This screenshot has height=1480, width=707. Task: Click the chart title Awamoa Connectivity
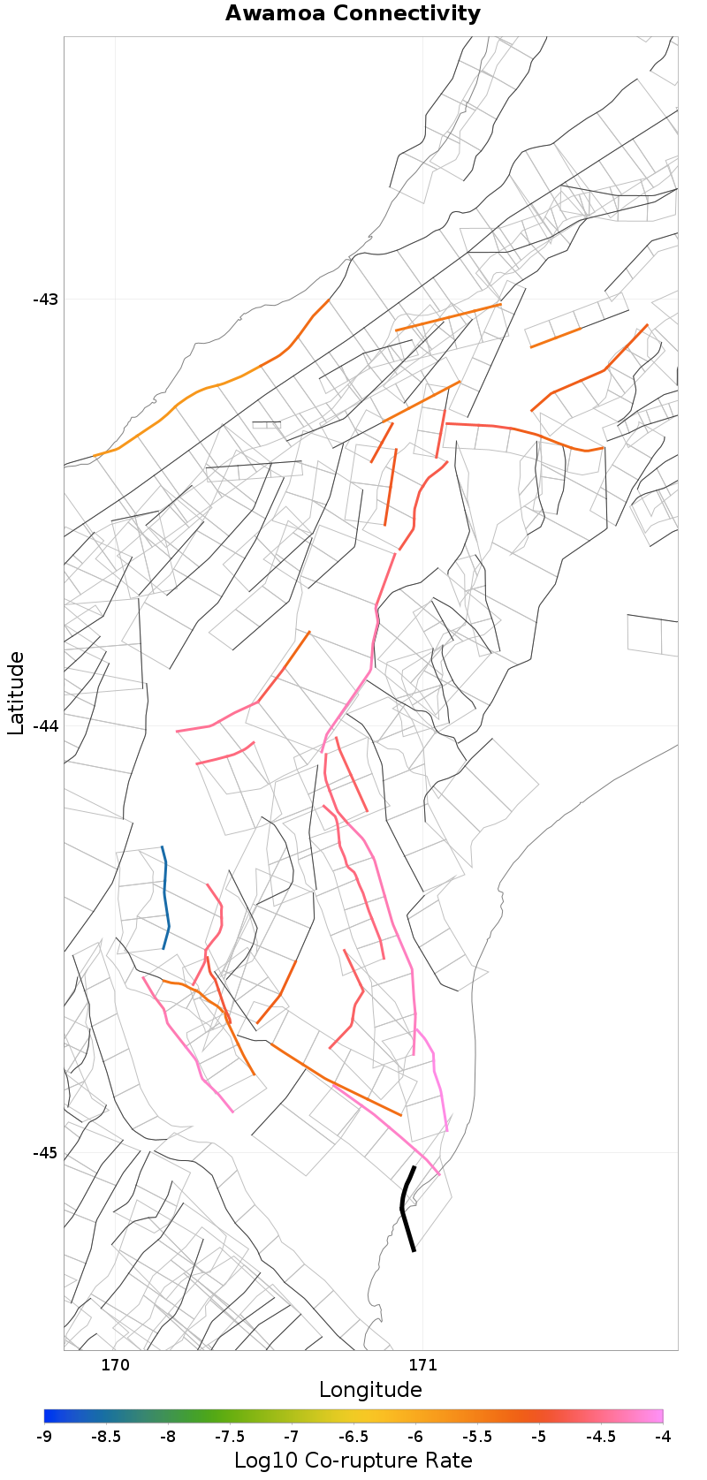(353, 13)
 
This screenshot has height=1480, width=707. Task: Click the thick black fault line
(404, 1207)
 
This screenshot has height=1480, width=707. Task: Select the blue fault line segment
(165, 897)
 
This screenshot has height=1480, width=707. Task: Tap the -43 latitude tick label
(45, 299)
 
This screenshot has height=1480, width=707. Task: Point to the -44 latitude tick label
(45, 725)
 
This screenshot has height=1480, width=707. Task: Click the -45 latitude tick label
(45, 1153)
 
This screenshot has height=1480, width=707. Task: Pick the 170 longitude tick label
(115, 1365)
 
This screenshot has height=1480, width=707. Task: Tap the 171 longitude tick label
(422, 1365)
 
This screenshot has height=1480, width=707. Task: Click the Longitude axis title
(370, 1390)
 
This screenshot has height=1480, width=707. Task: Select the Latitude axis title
(16, 693)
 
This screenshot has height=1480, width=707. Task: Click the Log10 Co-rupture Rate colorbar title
(353, 1461)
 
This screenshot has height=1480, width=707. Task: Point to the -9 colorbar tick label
(44, 1437)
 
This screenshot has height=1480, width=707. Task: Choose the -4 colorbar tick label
(662, 1437)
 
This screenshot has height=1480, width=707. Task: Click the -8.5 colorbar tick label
(106, 1437)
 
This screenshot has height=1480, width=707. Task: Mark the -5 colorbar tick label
(538, 1437)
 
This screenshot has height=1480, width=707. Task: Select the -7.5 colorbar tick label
(230, 1437)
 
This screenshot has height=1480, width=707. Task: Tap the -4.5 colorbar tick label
(600, 1437)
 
